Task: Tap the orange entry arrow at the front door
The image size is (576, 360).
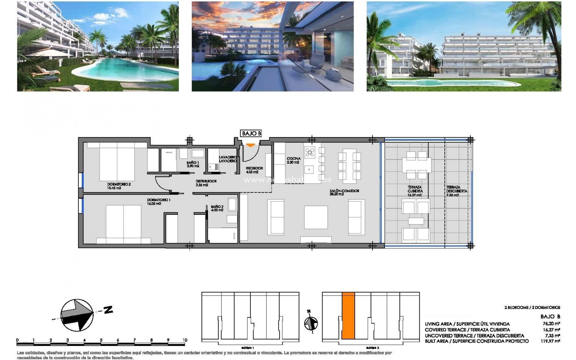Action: [250, 145]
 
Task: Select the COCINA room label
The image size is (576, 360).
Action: [293, 159]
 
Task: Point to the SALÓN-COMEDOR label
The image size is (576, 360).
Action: [345, 191]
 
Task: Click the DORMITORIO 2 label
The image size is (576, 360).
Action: [119, 184]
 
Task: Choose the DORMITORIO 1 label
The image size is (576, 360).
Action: [159, 200]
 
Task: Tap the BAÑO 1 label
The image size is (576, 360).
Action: [193, 163]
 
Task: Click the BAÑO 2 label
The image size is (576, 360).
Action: [217, 207]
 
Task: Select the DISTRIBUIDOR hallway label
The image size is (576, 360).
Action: [206, 181]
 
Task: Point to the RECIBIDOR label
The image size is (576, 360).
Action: [254, 168]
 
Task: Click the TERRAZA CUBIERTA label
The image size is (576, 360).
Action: [415, 189]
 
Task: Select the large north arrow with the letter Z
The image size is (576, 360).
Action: [81, 315]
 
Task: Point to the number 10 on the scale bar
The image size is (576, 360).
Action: [184, 340]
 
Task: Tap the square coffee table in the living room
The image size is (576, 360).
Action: [316, 217]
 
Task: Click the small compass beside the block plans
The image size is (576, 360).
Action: [311, 324]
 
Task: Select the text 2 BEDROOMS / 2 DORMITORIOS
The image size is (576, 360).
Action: [532, 307]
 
